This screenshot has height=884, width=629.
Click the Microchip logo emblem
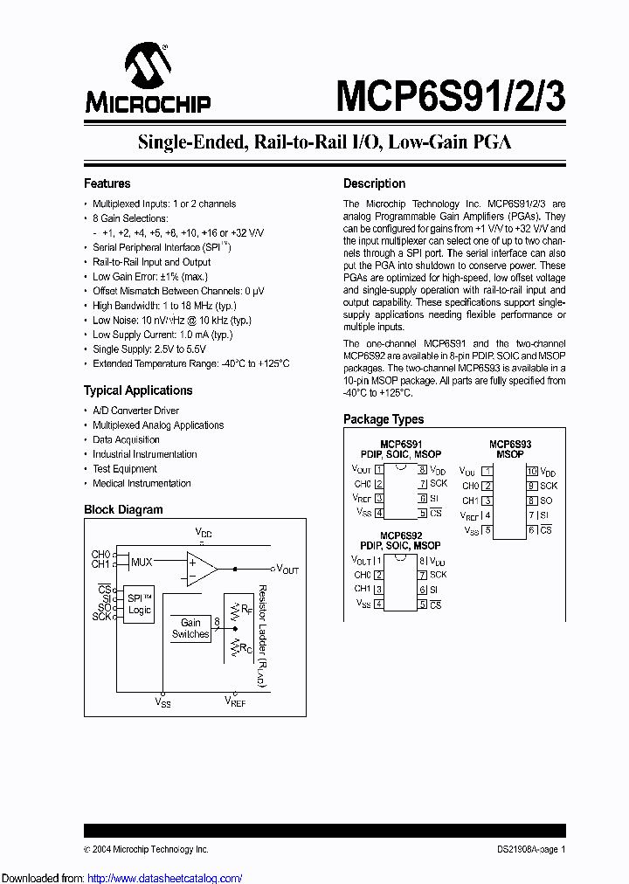pyautogui.click(x=147, y=67)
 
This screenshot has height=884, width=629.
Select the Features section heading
pyautogui.click(x=107, y=183)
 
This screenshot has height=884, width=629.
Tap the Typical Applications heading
pyautogui.click(x=138, y=390)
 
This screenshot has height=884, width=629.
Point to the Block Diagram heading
pyautogui.click(x=123, y=509)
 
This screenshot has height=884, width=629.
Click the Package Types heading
pyautogui.click(x=384, y=419)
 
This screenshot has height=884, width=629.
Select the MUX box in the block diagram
pyautogui.click(x=142, y=562)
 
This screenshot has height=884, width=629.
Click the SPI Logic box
pyautogui.click(x=140, y=604)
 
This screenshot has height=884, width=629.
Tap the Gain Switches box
pyautogui.click(x=190, y=628)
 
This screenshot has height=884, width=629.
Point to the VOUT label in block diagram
pyautogui.click(x=287, y=570)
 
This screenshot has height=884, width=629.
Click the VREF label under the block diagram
pyautogui.click(x=236, y=701)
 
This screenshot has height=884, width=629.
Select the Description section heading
pyautogui.click(x=374, y=183)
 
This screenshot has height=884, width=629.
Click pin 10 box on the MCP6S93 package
pyautogui.click(x=531, y=471)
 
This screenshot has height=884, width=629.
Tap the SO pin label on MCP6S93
pyautogui.click(x=546, y=501)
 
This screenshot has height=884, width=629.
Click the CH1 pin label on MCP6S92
pyautogui.click(x=363, y=589)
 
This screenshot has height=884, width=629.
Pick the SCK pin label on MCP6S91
pyautogui.click(x=438, y=483)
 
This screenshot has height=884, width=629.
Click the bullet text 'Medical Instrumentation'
pyautogui.click(x=142, y=483)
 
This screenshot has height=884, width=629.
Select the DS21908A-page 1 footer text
pyautogui.click(x=525, y=849)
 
